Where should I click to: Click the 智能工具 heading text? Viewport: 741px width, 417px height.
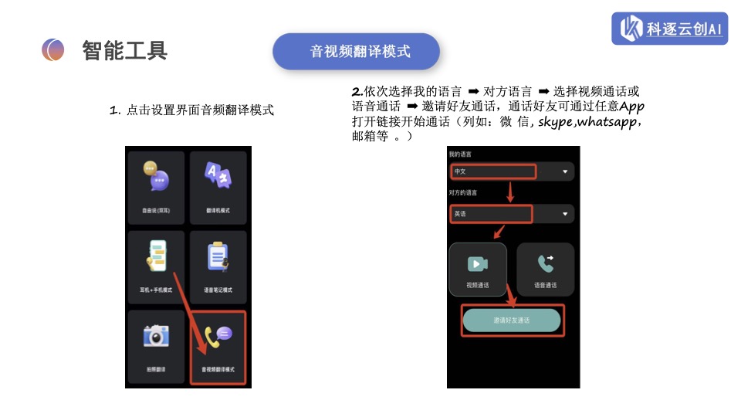click(125, 51)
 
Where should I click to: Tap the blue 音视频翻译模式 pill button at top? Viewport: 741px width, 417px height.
click(356, 52)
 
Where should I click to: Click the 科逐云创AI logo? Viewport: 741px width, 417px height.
click(669, 29)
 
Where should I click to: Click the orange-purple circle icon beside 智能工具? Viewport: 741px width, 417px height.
click(53, 50)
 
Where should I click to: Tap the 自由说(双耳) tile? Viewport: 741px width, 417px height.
click(156, 185)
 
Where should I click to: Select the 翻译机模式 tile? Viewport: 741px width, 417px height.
click(218, 185)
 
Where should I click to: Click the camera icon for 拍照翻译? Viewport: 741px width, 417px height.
click(156, 336)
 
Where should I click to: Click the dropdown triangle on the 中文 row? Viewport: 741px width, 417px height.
click(565, 171)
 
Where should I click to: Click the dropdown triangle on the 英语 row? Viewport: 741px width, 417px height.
click(565, 214)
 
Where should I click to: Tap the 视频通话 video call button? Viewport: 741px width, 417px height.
click(478, 270)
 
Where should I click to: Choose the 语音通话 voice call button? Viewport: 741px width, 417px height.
click(545, 270)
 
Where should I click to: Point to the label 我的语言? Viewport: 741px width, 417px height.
click(460, 155)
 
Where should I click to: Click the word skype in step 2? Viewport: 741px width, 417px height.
click(555, 122)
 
